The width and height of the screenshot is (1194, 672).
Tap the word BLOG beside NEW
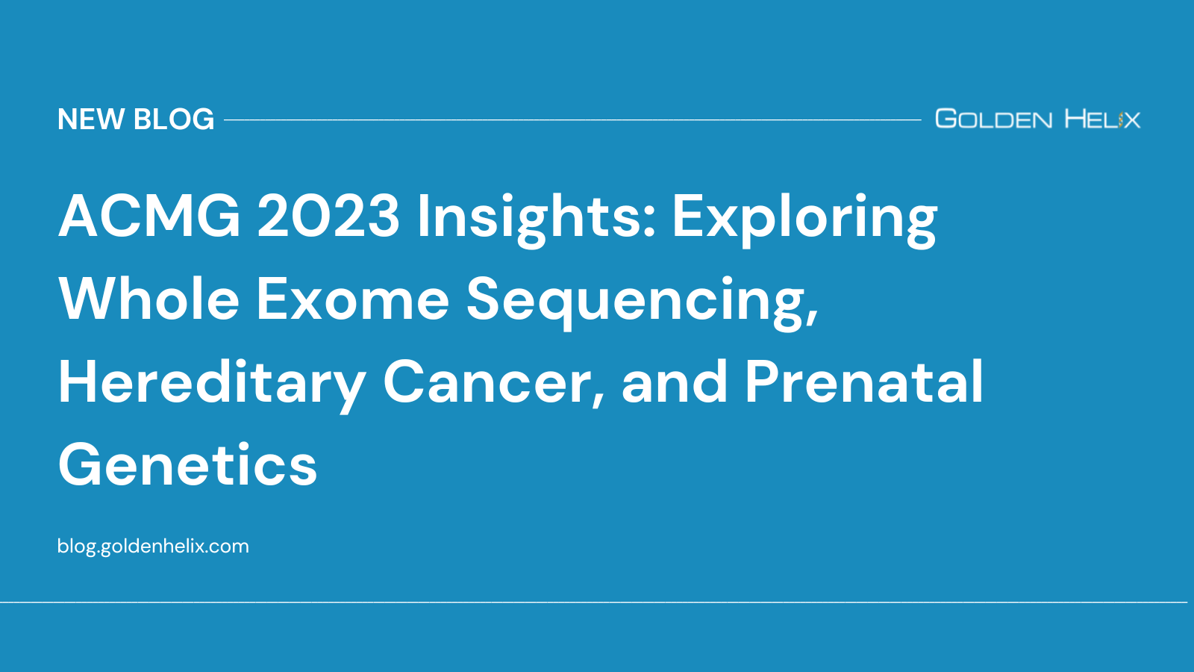(x=174, y=119)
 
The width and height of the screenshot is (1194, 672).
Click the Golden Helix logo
(x=1037, y=119)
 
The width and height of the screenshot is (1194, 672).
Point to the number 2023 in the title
(x=328, y=217)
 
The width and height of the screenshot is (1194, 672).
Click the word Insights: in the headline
(x=536, y=217)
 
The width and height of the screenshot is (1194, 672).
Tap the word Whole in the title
(x=149, y=299)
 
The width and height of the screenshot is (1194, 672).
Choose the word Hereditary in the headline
(x=212, y=383)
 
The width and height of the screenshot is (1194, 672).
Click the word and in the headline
(x=674, y=382)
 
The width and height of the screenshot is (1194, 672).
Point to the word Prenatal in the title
(x=864, y=382)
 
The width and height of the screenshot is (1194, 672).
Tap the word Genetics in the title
(x=188, y=465)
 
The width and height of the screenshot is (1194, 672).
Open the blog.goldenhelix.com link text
(x=153, y=546)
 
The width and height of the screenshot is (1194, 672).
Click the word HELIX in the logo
(x=1102, y=119)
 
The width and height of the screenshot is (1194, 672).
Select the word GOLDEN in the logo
(x=993, y=119)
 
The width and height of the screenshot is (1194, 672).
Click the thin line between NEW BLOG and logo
(x=572, y=119)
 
